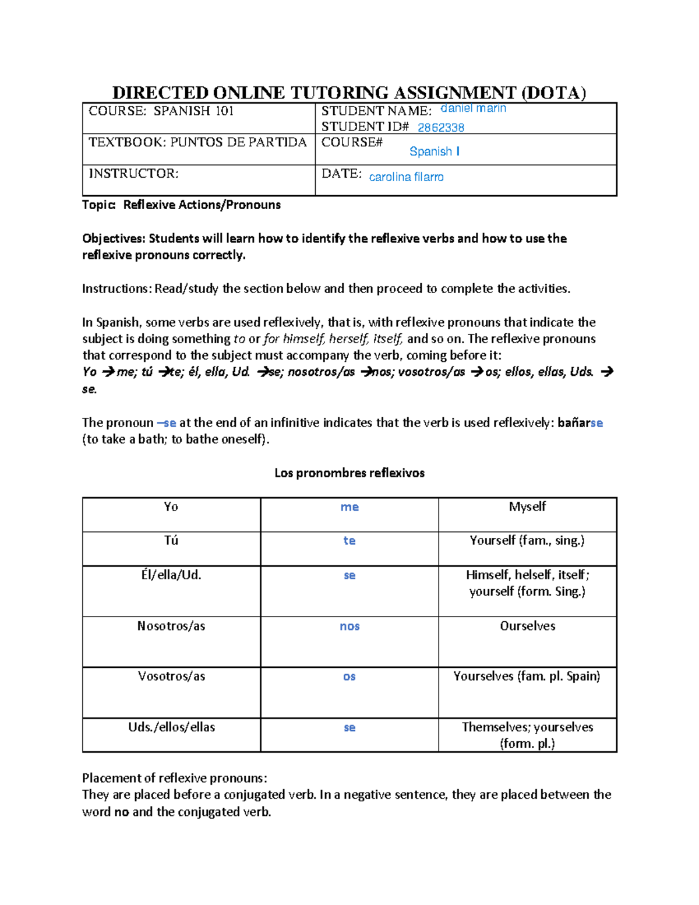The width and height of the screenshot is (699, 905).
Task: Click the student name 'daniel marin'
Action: (473, 108)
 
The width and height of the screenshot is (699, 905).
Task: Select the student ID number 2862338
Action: (440, 128)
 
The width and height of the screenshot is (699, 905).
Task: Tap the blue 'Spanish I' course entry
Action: (434, 152)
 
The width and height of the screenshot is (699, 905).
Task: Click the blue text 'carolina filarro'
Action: (406, 177)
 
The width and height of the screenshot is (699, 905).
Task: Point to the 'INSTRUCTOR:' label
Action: (133, 174)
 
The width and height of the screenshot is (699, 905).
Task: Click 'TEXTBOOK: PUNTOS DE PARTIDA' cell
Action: (197, 143)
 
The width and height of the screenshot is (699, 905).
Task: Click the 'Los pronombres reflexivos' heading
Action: (349, 473)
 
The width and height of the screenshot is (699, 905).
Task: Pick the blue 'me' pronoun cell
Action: (349, 507)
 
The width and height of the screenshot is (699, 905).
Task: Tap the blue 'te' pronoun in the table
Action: (349, 541)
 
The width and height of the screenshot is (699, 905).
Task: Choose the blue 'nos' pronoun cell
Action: (349, 626)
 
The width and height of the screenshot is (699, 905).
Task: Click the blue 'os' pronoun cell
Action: (349, 677)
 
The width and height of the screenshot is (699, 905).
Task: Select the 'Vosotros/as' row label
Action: (171, 677)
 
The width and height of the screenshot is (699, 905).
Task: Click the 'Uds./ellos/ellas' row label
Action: (171, 727)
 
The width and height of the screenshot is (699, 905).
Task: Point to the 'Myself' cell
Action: (527, 507)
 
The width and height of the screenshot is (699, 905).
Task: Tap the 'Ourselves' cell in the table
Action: (527, 626)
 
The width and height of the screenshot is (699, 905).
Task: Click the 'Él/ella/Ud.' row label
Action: (171, 575)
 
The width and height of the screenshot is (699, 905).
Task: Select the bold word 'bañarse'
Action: (580, 423)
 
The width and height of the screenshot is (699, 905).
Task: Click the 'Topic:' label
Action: (99, 205)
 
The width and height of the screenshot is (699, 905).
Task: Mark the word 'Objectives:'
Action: (114, 239)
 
